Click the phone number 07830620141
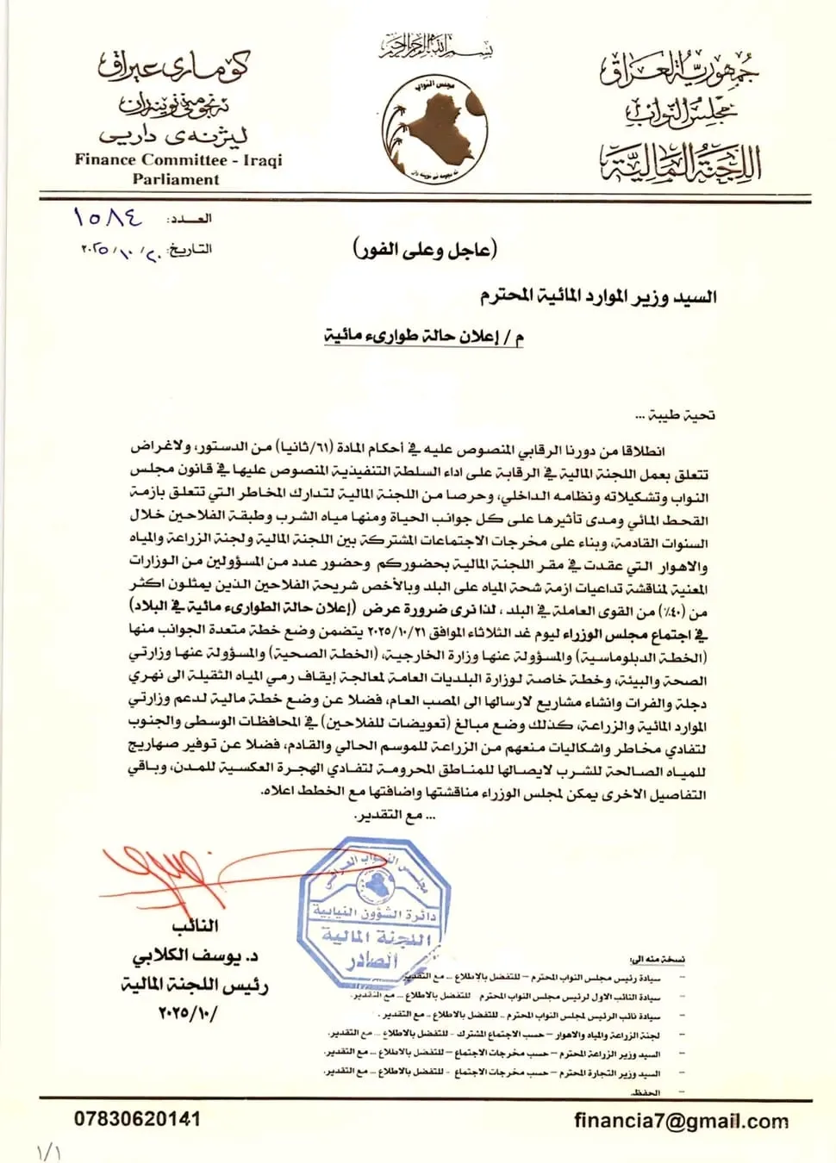137,1119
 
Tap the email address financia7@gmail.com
681,1121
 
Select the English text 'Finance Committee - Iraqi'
178,159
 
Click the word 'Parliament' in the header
176,179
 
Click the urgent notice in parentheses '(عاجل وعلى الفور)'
425,250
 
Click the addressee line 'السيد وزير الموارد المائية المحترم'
598,297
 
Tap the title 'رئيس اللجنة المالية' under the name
195,985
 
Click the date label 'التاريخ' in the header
190,249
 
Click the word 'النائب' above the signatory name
195,927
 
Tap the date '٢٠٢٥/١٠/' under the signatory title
188,1012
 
